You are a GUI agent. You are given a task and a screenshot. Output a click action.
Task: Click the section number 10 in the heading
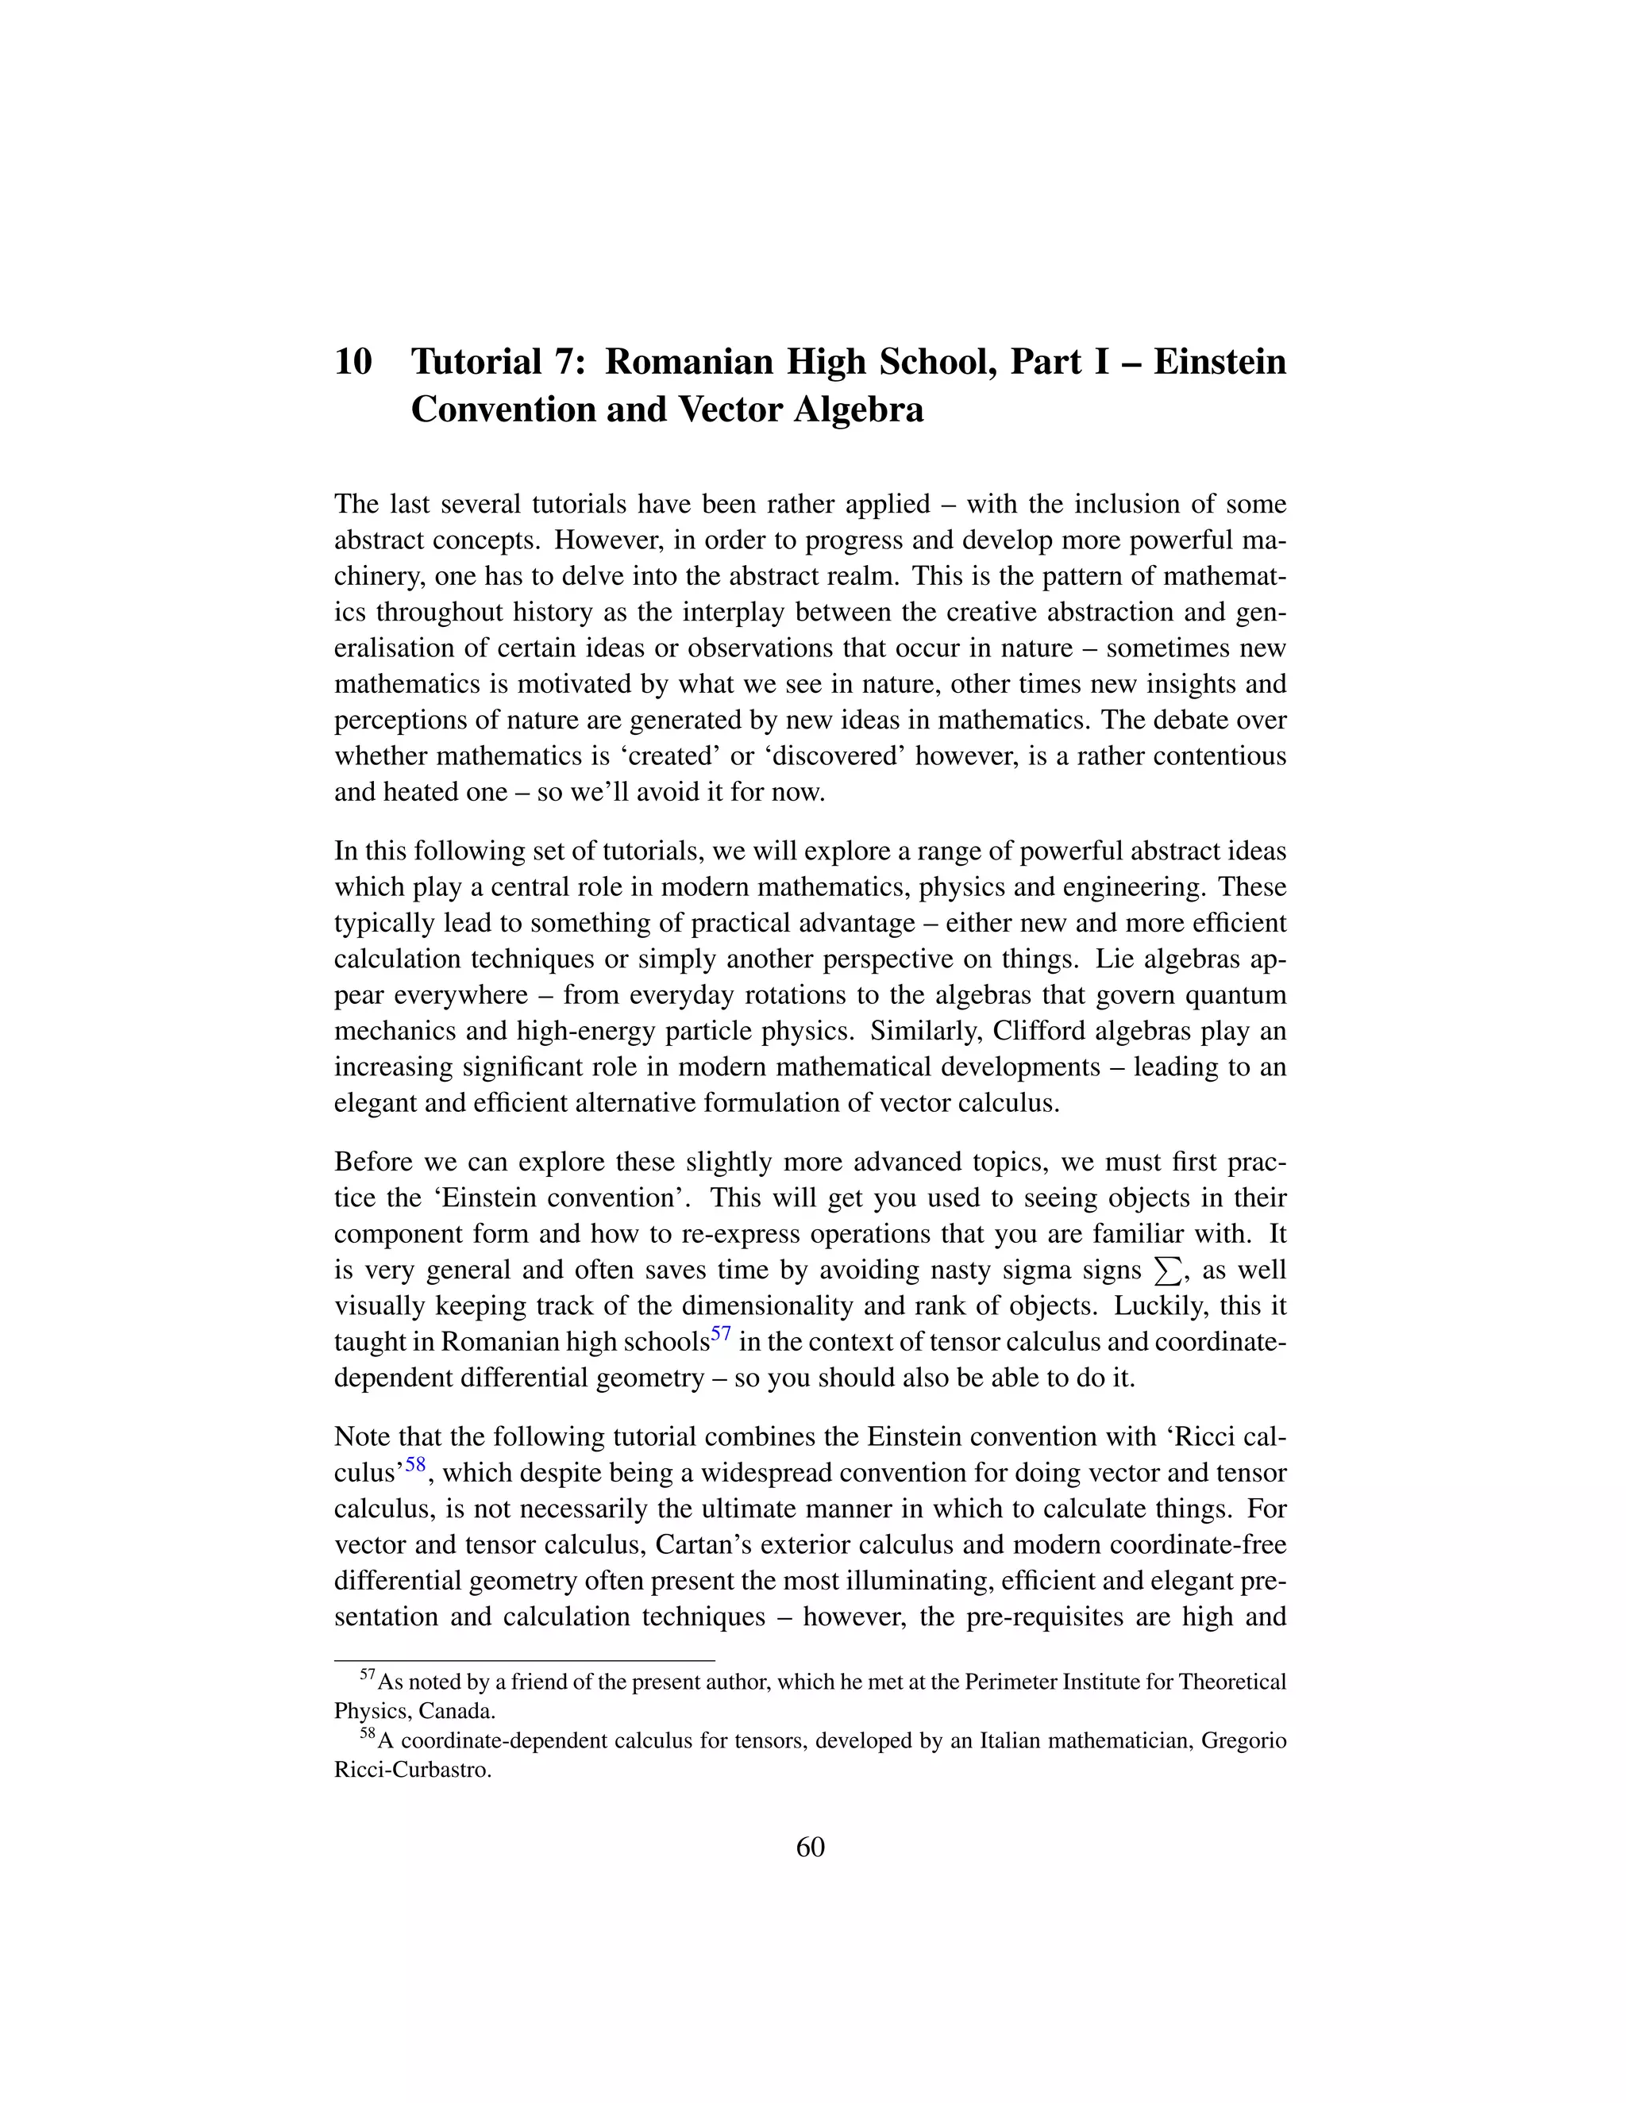(x=353, y=362)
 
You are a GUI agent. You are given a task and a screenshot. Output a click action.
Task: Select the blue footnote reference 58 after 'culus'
(x=415, y=1466)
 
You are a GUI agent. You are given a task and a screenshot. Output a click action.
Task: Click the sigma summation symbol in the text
(x=1166, y=1272)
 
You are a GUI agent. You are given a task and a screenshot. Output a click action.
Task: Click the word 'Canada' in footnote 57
(x=457, y=1711)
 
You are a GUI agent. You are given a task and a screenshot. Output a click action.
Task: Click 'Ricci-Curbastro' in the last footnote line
(x=412, y=1770)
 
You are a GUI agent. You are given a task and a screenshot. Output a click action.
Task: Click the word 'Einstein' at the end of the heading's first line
(x=1219, y=362)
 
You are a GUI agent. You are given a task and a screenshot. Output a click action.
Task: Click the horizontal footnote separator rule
(x=524, y=1660)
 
